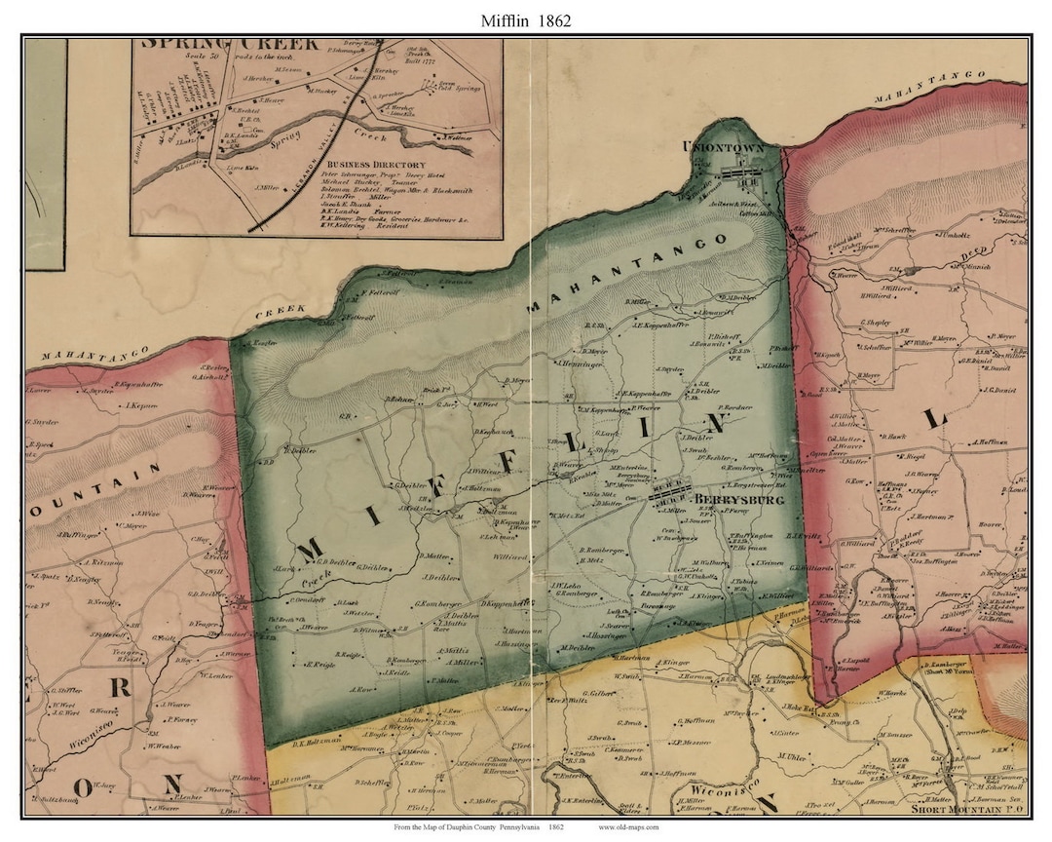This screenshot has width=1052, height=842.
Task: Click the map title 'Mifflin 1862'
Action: pyautogui.click(x=525, y=19)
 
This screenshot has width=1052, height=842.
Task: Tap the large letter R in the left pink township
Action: pyautogui.click(x=121, y=686)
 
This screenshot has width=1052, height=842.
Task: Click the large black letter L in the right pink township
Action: pyautogui.click(x=936, y=418)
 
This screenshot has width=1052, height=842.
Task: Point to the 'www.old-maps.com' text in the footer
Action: pyautogui.click(x=628, y=827)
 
